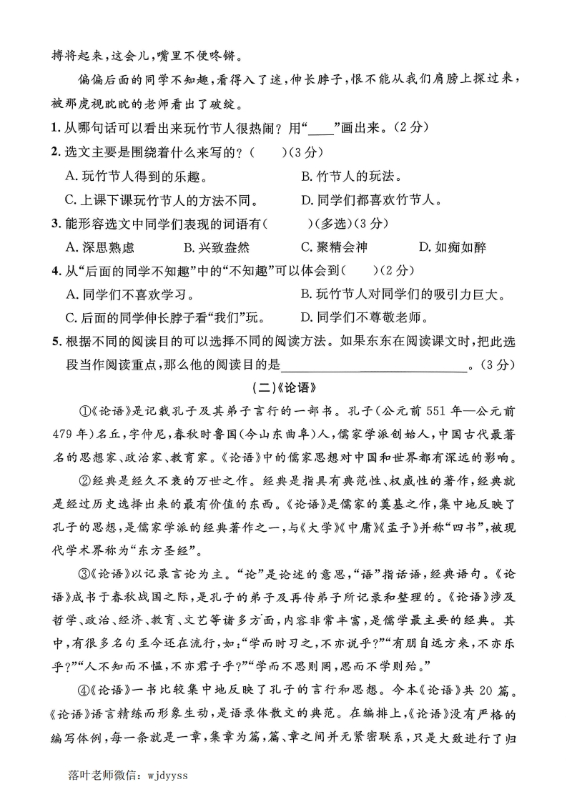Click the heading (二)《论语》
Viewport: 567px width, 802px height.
284,390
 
